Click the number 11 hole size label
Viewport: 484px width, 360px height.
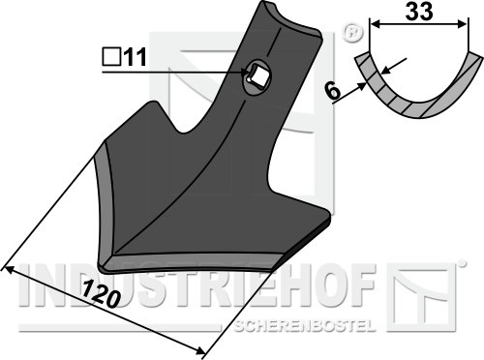136,57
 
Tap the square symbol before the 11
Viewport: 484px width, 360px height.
111,57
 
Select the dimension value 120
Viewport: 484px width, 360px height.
100,294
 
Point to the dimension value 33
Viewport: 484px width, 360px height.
418,12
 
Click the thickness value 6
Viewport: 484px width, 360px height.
333,91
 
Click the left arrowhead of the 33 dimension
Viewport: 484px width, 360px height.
375,24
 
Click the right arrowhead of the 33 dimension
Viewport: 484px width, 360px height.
462,24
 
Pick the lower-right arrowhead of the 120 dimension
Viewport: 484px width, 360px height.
199,350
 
